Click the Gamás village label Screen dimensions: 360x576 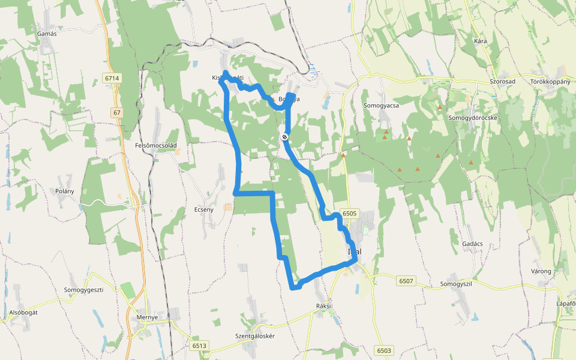click(x=47, y=34)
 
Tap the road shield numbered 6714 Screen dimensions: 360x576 click(x=112, y=79)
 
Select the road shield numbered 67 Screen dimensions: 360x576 click(x=116, y=113)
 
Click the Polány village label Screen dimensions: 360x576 click(x=64, y=191)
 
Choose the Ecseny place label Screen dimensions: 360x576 click(x=204, y=209)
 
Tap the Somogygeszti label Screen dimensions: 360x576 click(x=84, y=290)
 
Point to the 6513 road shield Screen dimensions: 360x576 click(x=200, y=346)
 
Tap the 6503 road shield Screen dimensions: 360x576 click(x=384, y=350)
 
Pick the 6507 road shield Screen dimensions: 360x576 click(x=406, y=280)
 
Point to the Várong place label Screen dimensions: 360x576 click(x=541, y=271)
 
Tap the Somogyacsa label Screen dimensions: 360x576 click(x=381, y=105)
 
